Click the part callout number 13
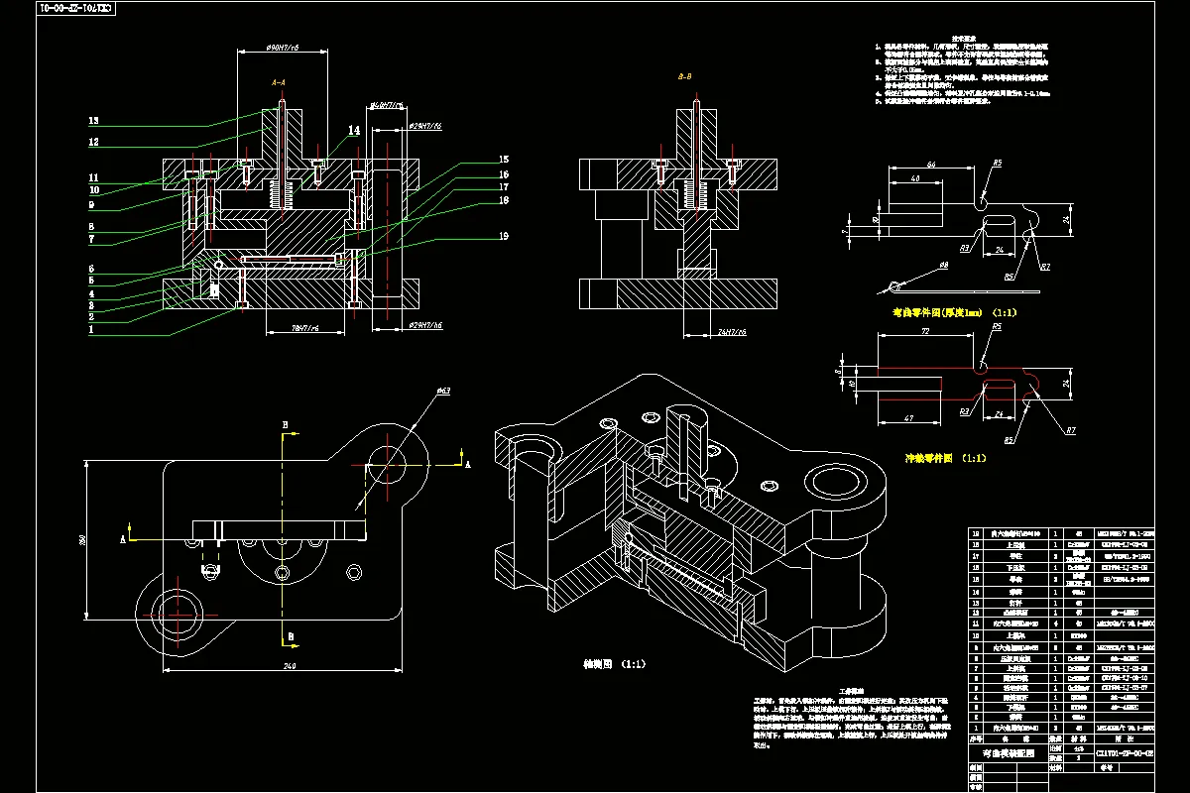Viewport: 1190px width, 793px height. click(x=93, y=121)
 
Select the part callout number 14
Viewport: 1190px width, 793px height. click(x=354, y=130)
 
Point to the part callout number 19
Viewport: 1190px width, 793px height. click(x=504, y=236)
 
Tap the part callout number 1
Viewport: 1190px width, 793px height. click(x=91, y=330)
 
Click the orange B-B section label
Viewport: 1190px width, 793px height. click(x=685, y=76)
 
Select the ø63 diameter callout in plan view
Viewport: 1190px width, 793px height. click(x=443, y=392)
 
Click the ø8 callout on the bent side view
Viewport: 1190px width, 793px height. click(x=943, y=266)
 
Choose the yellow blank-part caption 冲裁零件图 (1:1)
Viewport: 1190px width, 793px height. click(x=943, y=459)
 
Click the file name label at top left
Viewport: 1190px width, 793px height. click(x=75, y=8)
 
